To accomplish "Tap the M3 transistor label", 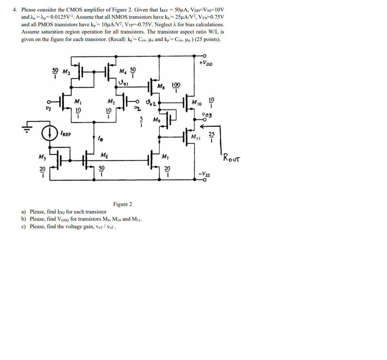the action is click(x=67, y=71).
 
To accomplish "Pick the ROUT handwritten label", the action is click(x=232, y=158).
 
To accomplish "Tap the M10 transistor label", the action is click(x=197, y=103).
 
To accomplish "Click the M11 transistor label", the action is click(x=196, y=137).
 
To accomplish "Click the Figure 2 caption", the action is click(x=122, y=204).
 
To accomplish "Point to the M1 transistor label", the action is click(x=77, y=102).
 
